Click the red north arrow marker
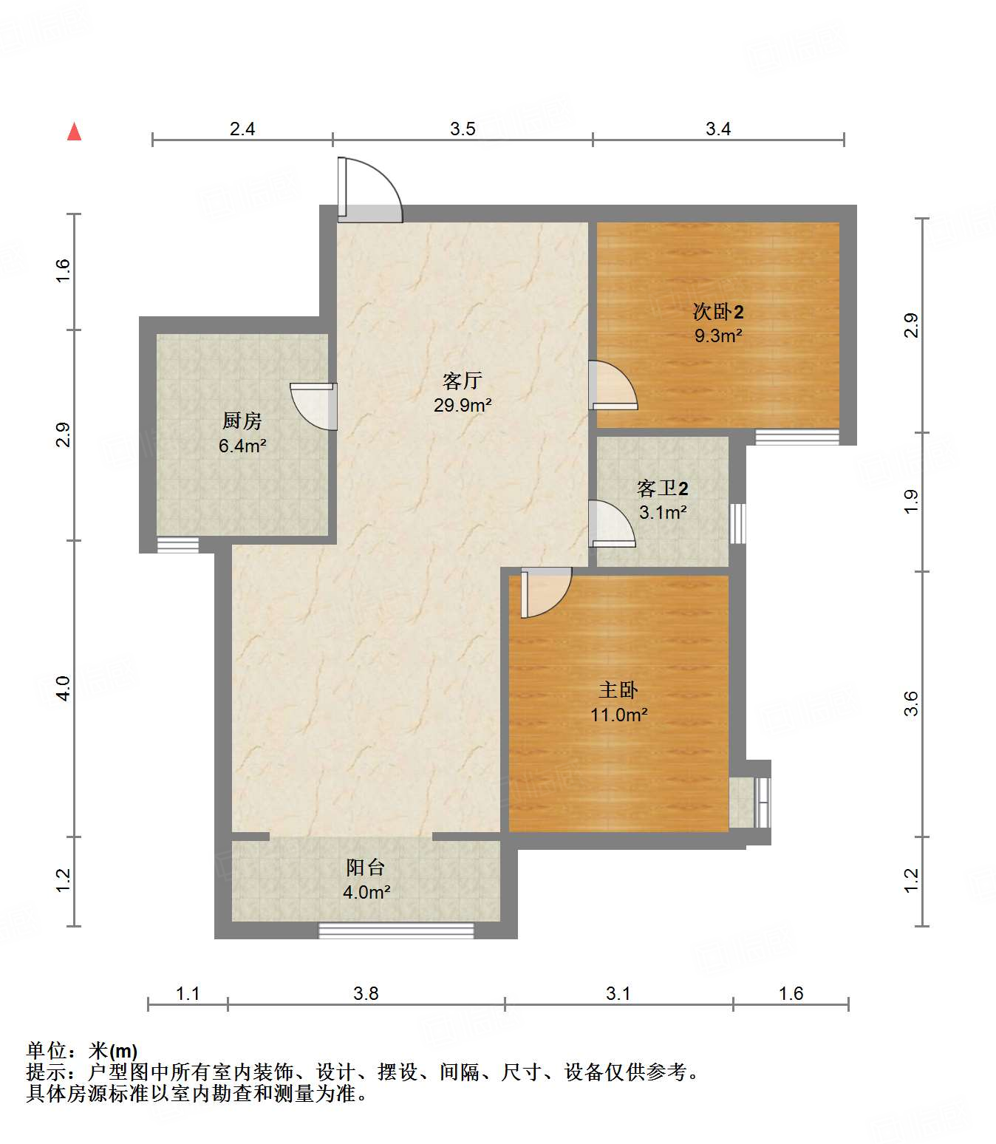click(x=74, y=132)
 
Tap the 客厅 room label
click(x=463, y=381)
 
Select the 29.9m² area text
click(x=463, y=405)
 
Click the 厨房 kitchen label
click(x=242, y=421)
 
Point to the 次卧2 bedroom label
click(x=717, y=312)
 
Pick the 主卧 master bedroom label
click(x=618, y=690)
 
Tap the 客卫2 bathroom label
click(x=662, y=488)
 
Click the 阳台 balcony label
click(x=366, y=868)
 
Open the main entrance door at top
click(x=369, y=191)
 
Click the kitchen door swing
click(x=315, y=406)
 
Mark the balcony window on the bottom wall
click(x=396, y=930)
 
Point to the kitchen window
click(x=178, y=545)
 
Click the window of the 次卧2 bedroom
click(x=797, y=437)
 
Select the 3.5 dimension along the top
click(x=463, y=129)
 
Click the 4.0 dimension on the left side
click(x=63, y=688)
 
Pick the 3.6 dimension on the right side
click(x=911, y=703)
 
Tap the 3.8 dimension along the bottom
click(x=366, y=993)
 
